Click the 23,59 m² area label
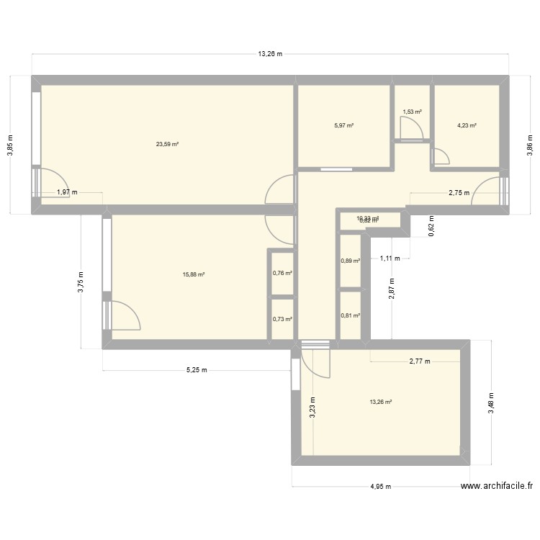pos(167,144)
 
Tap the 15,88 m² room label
pos(195,274)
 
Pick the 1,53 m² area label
pos(412,112)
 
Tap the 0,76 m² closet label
pos(282,272)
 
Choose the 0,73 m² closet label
pos(282,319)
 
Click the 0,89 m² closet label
pos(350,261)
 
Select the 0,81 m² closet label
pos(350,315)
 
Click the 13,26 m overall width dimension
pos(270,54)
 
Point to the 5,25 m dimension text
pos(197,371)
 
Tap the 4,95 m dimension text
pos(380,487)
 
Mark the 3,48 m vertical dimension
pos(492,403)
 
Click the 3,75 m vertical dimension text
pos(81,281)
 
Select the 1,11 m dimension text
pos(390,257)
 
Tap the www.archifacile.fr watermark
pos(496,486)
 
